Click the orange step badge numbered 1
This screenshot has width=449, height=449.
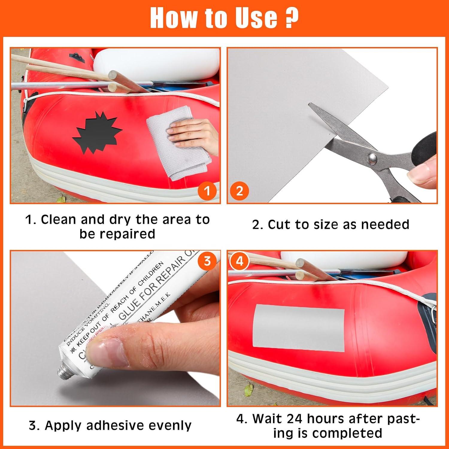(x=207, y=191)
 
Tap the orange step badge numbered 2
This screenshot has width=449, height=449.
(x=239, y=191)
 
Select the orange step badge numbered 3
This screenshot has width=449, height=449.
(x=207, y=261)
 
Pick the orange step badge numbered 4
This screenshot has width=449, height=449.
(x=239, y=261)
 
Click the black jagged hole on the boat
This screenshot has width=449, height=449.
(x=97, y=132)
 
